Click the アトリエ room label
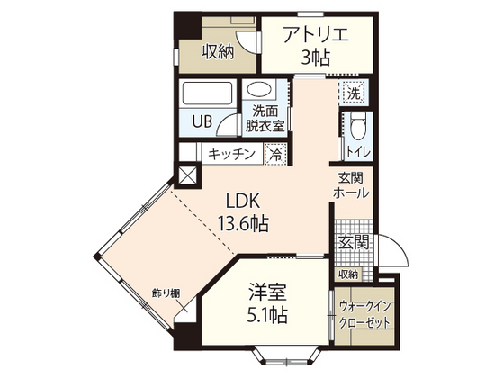click(314, 36)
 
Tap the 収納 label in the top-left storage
click(218, 51)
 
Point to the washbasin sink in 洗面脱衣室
click(262, 91)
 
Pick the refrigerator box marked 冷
click(277, 154)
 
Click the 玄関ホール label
click(349, 184)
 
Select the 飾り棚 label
click(166, 293)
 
